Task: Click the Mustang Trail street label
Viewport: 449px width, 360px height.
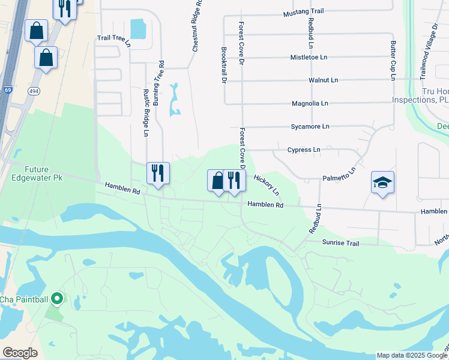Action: (303, 11)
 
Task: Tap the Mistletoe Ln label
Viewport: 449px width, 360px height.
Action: (309, 58)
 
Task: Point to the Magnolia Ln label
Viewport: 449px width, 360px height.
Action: (310, 104)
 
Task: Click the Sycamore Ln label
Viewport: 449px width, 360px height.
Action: (310, 127)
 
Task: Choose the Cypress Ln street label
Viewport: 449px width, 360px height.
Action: (304, 150)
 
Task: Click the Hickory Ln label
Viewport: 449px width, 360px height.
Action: (267, 184)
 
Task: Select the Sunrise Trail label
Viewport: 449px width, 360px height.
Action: (340, 243)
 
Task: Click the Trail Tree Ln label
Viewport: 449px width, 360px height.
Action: (113, 38)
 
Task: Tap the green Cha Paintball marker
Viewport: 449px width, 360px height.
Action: (57, 298)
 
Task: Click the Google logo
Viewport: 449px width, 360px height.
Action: (20, 353)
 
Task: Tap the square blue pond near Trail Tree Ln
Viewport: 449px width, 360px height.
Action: (137, 28)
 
